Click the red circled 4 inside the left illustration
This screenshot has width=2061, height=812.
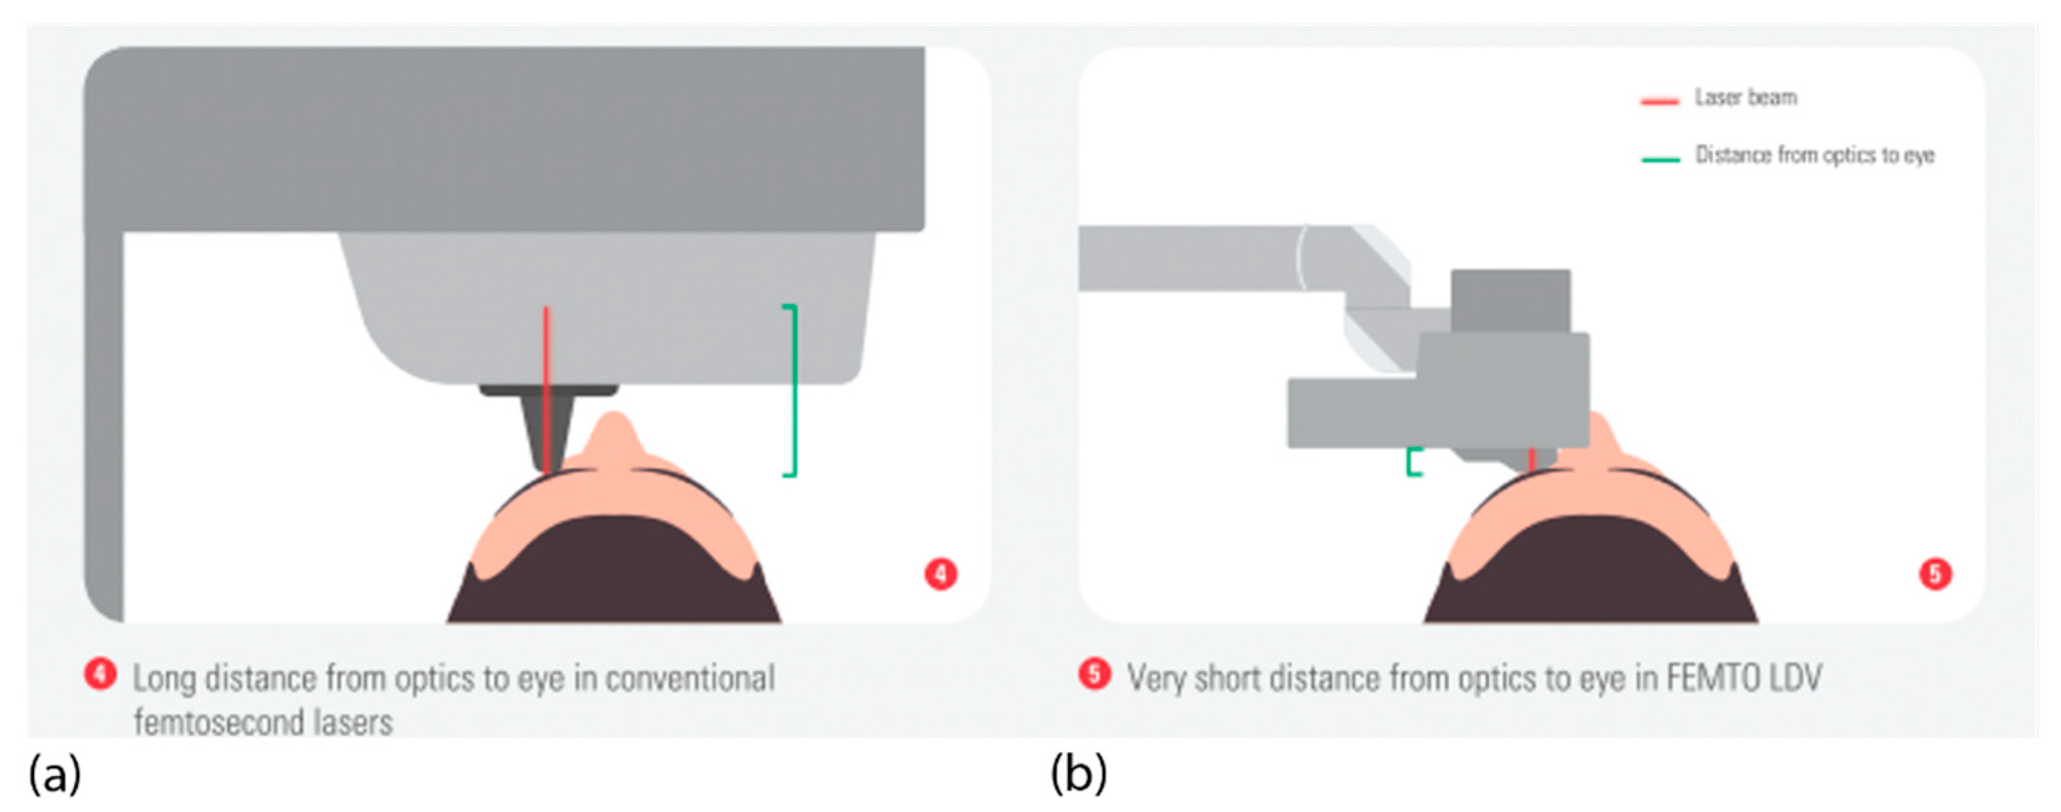tap(941, 574)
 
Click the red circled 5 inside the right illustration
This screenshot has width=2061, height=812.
tap(1935, 574)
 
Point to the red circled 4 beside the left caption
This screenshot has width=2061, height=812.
tap(101, 674)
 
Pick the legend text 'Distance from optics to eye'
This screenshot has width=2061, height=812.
tap(1815, 154)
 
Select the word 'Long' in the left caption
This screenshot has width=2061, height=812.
tap(164, 678)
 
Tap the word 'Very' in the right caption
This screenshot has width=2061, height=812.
tap(1155, 678)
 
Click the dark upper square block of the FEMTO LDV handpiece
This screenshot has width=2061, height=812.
tap(1510, 301)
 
